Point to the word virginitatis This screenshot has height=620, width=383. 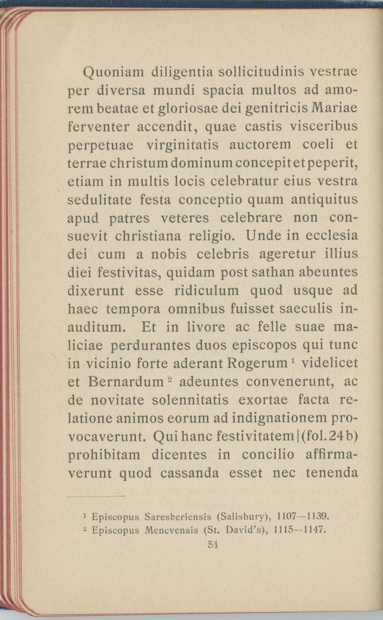click(x=182, y=145)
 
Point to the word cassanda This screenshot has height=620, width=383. click(x=190, y=473)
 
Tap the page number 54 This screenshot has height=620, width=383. click(x=213, y=544)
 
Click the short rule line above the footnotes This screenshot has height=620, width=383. click(x=97, y=496)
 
